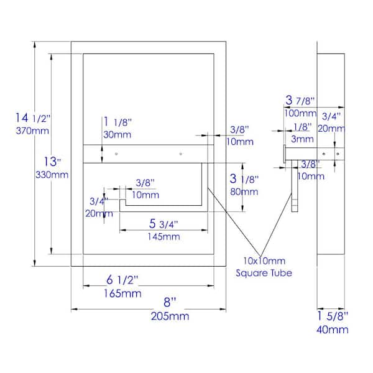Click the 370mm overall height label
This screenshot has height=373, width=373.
[x=32, y=131]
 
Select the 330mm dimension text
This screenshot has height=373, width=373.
[x=52, y=175]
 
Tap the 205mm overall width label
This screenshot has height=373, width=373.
[x=170, y=316]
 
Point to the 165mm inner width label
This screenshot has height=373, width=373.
[x=122, y=293]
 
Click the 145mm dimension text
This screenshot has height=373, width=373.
[x=163, y=237]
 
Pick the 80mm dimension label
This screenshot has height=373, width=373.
[x=244, y=191]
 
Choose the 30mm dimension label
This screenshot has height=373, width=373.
[x=117, y=135]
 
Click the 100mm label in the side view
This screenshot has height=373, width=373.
[x=300, y=113]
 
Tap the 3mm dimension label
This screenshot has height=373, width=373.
[x=302, y=139]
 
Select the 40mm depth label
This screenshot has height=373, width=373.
[x=333, y=329]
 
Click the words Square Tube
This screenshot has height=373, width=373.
[x=264, y=273]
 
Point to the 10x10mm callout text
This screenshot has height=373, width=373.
[x=264, y=261]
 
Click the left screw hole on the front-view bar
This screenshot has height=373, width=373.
[x=116, y=154]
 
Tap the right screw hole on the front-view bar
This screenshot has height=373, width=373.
[x=181, y=154]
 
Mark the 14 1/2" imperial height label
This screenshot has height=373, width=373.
[x=33, y=117]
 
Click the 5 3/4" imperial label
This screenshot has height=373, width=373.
[x=163, y=224]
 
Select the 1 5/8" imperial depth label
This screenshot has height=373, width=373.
[x=333, y=316]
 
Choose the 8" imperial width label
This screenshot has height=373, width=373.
[x=170, y=302]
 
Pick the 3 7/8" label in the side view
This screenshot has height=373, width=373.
[x=300, y=100]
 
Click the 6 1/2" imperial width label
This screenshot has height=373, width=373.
[x=122, y=280]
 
